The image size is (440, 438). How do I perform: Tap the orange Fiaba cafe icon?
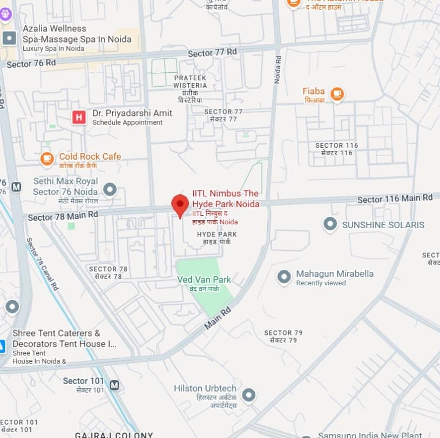[x=337, y=94]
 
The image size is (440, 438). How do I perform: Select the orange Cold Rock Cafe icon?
[x=47, y=159]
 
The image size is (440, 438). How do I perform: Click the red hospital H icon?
[x=79, y=117]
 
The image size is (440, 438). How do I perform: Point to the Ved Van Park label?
[x=204, y=279]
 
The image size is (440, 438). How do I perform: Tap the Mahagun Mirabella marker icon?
[x=284, y=277]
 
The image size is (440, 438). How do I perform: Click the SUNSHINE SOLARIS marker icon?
[x=330, y=224]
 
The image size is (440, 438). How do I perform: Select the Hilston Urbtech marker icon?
[x=248, y=395]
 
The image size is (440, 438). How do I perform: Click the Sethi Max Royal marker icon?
[x=110, y=189]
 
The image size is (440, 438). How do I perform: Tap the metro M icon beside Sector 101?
[x=114, y=385]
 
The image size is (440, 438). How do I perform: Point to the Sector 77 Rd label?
[x=212, y=53]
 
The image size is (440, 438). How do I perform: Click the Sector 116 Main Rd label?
[x=395, y=199]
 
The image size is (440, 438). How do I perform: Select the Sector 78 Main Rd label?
[x=63, y=216]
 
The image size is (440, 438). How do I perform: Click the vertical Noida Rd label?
[x=278, y=68]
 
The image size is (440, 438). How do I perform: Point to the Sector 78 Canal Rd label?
[x=42, y=264]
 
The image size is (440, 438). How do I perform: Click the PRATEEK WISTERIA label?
[x=190, y=81]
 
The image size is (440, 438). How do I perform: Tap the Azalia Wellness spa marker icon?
[x=9, y=38]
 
